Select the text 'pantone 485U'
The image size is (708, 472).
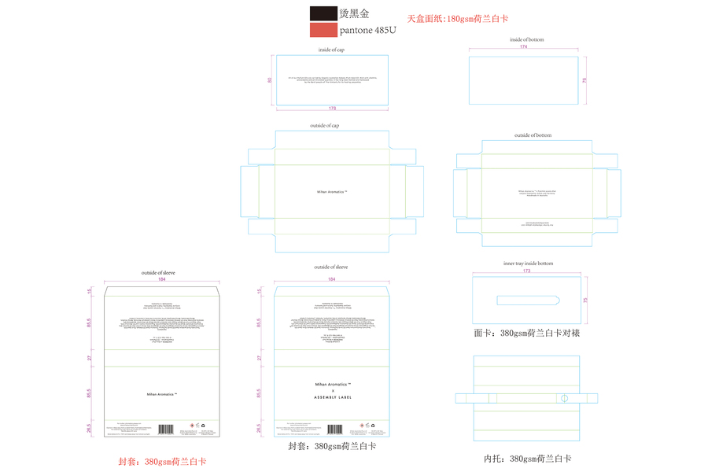point(367,31)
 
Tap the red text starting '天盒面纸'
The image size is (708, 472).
point(463,18)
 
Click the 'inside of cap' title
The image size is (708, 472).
point(331,50)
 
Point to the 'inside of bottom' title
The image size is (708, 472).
point(526,39)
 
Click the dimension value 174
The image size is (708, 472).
point(523,47)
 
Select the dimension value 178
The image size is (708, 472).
point(332,108)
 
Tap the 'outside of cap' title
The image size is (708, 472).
point(325,126)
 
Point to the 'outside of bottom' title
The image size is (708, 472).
point(533,135)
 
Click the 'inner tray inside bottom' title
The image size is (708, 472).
point(528,264)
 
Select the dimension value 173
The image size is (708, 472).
point(526,271)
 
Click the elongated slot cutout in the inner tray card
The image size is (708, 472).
point(528,299)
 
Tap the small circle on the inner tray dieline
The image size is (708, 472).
point(563,398)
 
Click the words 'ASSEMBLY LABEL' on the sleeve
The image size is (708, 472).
point(333,397)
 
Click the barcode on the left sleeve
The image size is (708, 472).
point(166,430)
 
